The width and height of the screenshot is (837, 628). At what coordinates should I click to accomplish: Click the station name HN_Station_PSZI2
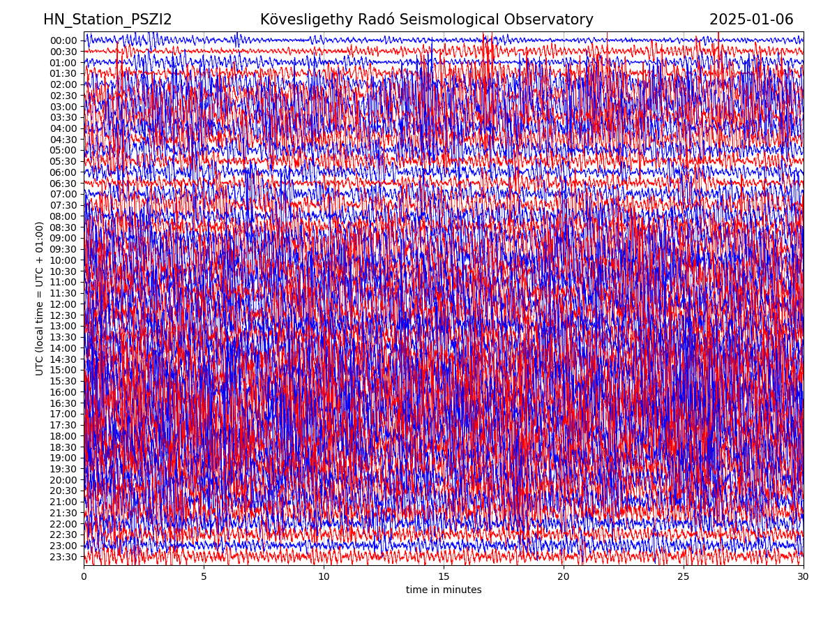tap(107, 20)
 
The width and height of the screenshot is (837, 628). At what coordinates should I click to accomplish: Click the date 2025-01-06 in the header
tap(751, 20)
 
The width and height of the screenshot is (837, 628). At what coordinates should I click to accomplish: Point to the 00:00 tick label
tap(63, 40)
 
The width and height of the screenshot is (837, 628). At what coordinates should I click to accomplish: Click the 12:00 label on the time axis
tap(63, 304)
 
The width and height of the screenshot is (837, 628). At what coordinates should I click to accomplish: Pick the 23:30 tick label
tap(63, 557)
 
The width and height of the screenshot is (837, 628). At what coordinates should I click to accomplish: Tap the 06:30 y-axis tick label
tap(63, 184)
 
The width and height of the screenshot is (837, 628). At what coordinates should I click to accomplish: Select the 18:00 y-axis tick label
tap(63, 436)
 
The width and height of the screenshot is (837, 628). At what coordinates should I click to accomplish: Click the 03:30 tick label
tap(63, 117)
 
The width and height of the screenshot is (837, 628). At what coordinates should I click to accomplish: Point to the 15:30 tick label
tap(63, 381)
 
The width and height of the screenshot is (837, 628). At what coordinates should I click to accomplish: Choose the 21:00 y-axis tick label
tap(63, 502)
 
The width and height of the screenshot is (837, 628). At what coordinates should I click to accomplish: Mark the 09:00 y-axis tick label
tap(63, 238)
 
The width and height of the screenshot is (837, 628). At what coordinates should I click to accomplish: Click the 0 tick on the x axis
tap(84, 577)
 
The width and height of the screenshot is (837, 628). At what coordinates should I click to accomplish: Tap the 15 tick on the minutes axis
tap(444, 577)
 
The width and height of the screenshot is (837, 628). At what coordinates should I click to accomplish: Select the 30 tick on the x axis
tap(804, 577)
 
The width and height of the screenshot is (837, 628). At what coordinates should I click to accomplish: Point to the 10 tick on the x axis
tap(324, 577)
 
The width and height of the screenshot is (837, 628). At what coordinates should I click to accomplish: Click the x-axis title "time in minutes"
tap(444, 590)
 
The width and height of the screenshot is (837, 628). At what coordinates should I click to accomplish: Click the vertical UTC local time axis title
tap(40, 298)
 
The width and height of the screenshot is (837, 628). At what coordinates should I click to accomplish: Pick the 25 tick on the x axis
tap(684, 577)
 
